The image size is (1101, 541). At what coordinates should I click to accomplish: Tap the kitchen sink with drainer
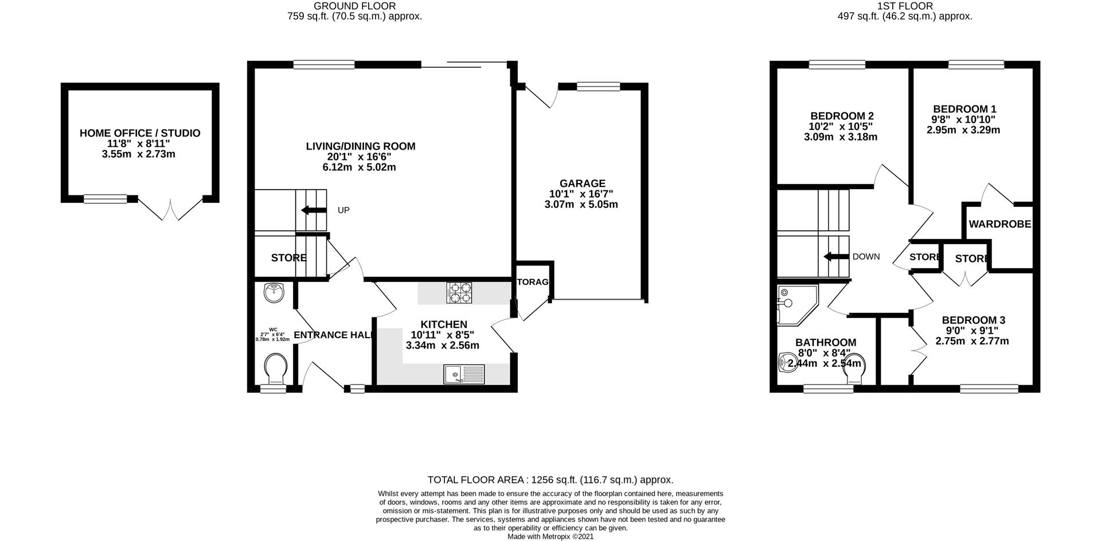[x=464, y=374]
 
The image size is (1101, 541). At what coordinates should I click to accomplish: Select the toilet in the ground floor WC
[x=276, y=368]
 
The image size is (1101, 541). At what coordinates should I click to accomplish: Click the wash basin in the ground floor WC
[x=274, y=293]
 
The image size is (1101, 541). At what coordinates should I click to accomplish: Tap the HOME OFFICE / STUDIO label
[x=140, y=134]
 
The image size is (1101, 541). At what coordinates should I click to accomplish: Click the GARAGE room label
[x=583, y=183]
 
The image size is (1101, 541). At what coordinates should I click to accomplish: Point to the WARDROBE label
[x=1000, y=224]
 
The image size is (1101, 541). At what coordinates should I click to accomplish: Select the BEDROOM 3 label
[x=973, y=320]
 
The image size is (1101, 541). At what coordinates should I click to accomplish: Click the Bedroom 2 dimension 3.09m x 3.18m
[x=840, y=137]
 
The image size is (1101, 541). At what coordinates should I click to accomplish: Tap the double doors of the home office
[x=171, y=210]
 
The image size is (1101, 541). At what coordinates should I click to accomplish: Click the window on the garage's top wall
[x=598, y=87]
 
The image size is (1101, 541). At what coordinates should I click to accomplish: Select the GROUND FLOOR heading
[x=354, y=6]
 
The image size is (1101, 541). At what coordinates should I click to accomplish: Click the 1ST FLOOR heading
[x=905, y=6]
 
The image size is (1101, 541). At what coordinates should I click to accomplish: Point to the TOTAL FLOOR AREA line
[x=550, y=480]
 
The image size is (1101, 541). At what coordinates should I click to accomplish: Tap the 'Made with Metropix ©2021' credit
[x=550, y=536]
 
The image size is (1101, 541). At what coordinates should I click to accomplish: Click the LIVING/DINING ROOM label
[x=360, y=146]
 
